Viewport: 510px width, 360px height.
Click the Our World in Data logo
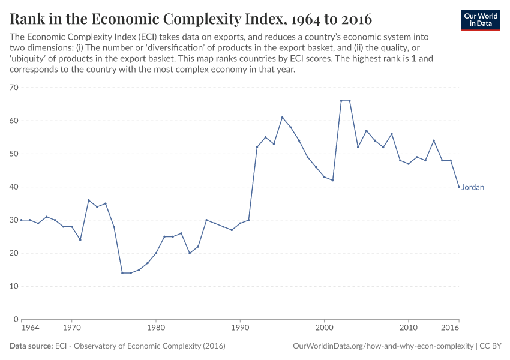(481, 20)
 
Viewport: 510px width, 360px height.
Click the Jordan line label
(473, 187)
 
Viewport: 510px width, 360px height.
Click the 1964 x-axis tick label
(30, 328)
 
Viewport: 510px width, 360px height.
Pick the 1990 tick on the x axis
(240, 328)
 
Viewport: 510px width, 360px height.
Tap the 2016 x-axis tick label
(451, 328)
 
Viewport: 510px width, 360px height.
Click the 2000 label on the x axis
(324, 328)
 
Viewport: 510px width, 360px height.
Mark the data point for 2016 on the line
(459, 187)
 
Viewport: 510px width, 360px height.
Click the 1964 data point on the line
(21, 220)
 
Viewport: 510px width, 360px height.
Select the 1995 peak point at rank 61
(282, 118)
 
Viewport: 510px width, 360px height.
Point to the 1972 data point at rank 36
(88, 200)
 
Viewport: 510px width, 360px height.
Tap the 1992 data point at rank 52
(257, 147)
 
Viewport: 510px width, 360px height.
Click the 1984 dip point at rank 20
(190, 253)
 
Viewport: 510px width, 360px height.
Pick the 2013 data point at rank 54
(434, 140)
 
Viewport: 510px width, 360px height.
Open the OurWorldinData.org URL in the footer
(383, 346)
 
